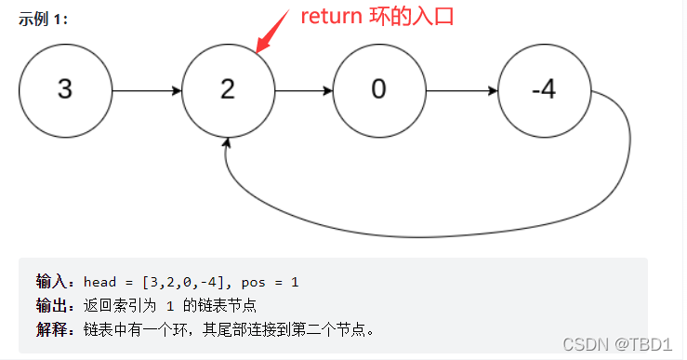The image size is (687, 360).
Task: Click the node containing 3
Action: tap(64, 89)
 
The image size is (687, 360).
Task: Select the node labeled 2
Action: tap(229, 89)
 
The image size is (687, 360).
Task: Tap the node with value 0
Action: tap(378, 89)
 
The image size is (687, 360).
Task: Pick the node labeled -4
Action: tap(545, 89)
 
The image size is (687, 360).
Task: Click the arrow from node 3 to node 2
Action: tap(146, 90)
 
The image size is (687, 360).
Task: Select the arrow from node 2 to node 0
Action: tap(303, 90)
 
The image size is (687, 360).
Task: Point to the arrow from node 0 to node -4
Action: tap(461, 90)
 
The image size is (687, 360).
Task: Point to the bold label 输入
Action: tap(52, 281)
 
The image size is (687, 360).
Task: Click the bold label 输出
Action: tap(52, 305)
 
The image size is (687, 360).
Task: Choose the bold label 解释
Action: tap(52, 329)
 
